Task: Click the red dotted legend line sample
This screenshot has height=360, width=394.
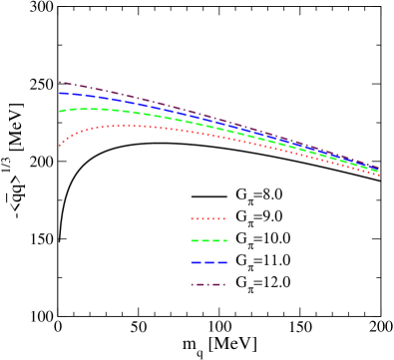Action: coord(207,218)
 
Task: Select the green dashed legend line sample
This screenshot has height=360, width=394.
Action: coord(208,240)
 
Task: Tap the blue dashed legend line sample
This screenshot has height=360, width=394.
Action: coord(208,262)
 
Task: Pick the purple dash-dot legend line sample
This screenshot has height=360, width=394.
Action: coord(207,284)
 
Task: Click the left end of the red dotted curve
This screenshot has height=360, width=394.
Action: coord(60,146)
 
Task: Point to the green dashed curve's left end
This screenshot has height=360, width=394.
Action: coord(60,111)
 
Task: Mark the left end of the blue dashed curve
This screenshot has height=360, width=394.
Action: coord(60,93)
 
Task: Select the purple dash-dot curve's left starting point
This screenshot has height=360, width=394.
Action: coord(60,82)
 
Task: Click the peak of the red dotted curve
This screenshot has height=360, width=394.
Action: coord(125,126)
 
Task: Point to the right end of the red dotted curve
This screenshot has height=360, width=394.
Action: coord(378,175)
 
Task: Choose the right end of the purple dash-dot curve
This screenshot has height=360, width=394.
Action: coord(378,167)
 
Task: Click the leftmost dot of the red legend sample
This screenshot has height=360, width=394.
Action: coord(193,218)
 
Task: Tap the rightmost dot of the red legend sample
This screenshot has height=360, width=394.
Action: coord(223,218)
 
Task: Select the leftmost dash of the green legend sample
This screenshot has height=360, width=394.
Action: coord(196,240)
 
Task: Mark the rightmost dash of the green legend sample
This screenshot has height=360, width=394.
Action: coord(222,240)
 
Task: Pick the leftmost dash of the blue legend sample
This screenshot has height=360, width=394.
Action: coord(196,262)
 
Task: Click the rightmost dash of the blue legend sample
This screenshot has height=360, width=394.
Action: coord(221,262)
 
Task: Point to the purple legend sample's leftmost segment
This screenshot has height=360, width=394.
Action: coord(195,284)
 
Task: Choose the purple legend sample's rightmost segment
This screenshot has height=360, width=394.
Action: coord(220,284)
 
